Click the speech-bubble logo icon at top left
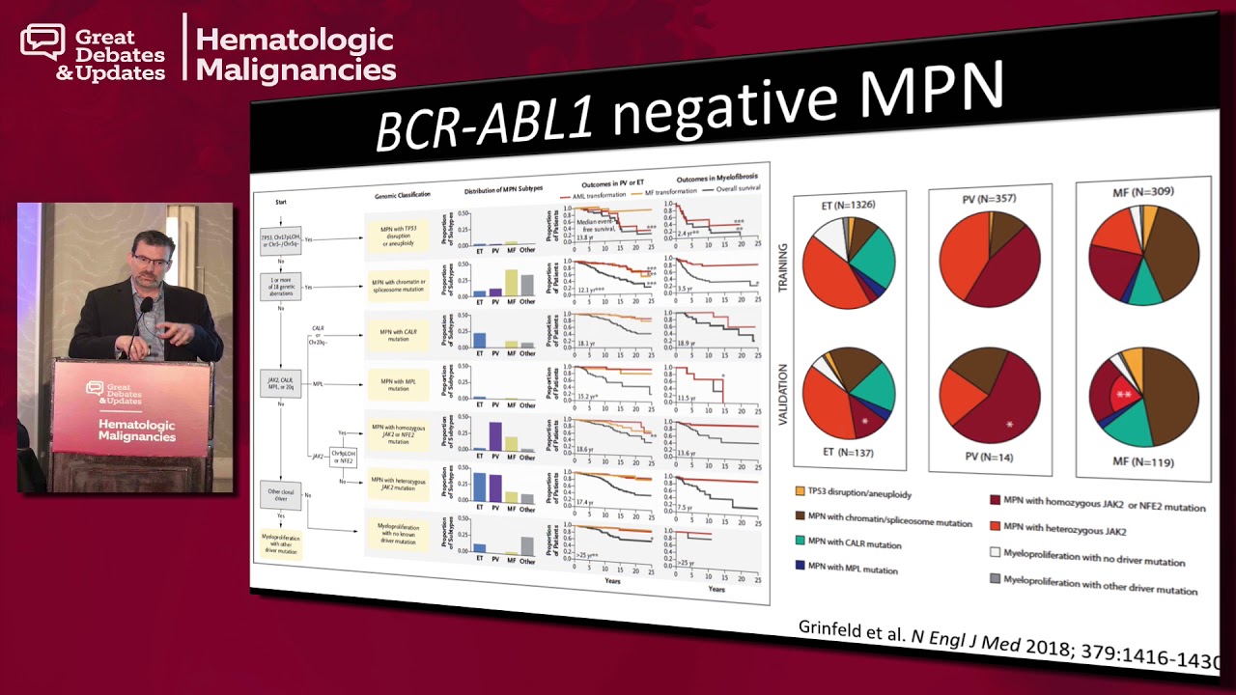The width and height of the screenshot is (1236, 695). pyautogui.click(x=42, y=41)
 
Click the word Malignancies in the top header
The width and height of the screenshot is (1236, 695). pyautogui.click(x=295, y=69)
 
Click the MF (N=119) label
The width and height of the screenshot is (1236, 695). pyautogui.click(x=1142, y=462)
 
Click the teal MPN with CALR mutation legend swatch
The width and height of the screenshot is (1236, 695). pyautogui.click(x=801, y=542)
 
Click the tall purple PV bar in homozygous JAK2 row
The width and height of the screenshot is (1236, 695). pyautogui.click(x=494, y=436)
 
